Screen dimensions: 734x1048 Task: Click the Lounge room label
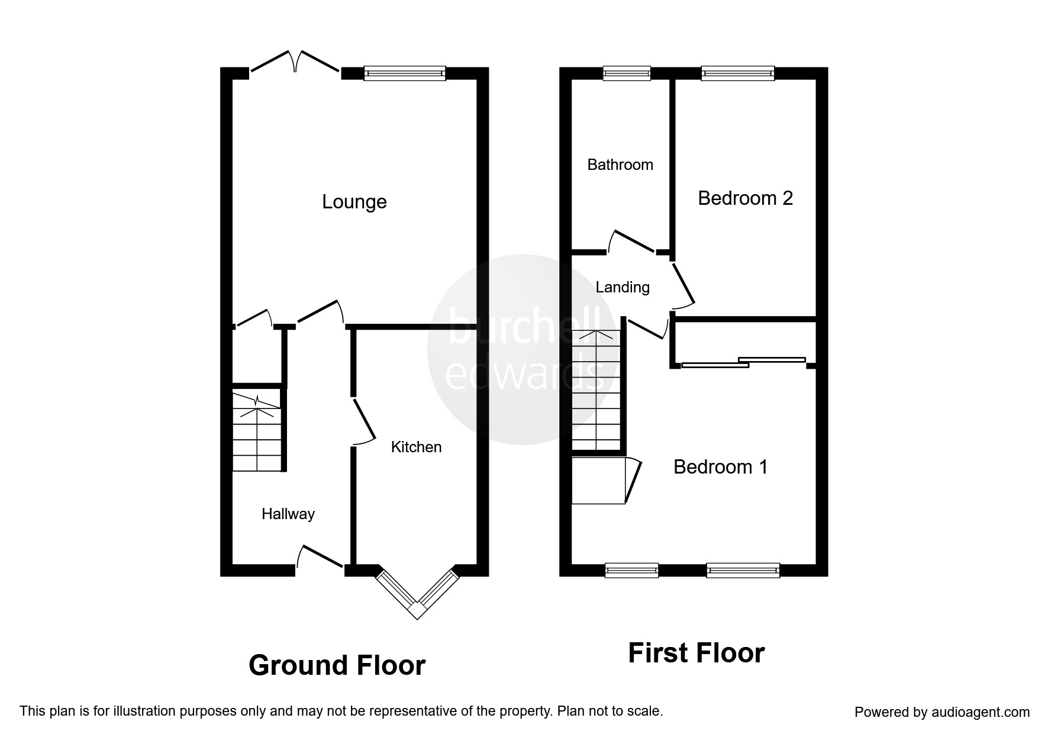[x=354, y=202]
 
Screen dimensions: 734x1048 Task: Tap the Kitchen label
[x=416, y=447]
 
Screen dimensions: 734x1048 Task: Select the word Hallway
[x=288, y=514]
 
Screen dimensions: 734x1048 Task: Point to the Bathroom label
[x=620, y=165]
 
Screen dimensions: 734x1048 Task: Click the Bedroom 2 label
[x=745, y=198]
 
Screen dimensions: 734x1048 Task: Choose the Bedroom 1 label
[x=720, y=467]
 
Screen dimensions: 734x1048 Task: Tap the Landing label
[x=622, y=287]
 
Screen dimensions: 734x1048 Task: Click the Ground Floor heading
[x=337, y=665]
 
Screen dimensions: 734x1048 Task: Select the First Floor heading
[x=696, y=653]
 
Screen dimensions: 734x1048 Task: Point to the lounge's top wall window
[x=405, y=73]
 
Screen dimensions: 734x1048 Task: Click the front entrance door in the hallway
[x=320, y=558]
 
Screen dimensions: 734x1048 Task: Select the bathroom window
[x=626, y=73]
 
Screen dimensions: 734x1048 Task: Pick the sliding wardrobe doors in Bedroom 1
[x=743, y=362]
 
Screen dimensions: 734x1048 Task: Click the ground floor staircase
[x=256, y=431]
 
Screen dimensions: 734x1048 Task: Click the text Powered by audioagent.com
[x=941, y=712]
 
